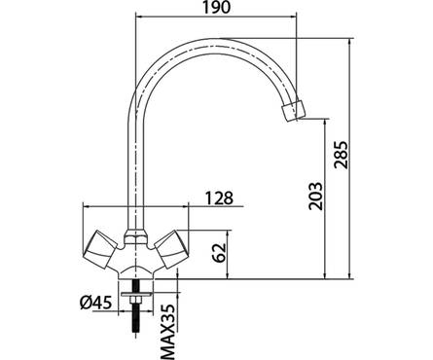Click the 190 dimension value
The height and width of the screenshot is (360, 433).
point(216,7)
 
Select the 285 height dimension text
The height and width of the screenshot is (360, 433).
point(342,155)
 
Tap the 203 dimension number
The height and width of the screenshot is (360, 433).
point(316,197)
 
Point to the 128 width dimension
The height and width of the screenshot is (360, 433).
point(219,198)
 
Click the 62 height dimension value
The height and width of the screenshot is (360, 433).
point(219,252)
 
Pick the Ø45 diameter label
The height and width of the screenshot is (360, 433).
point(96,303)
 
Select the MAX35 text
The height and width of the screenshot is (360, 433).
point(168,332)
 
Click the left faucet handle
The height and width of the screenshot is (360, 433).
point(100,249)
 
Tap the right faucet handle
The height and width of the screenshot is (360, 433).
point(171,249)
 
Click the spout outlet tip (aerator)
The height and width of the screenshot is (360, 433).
point(294,111)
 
